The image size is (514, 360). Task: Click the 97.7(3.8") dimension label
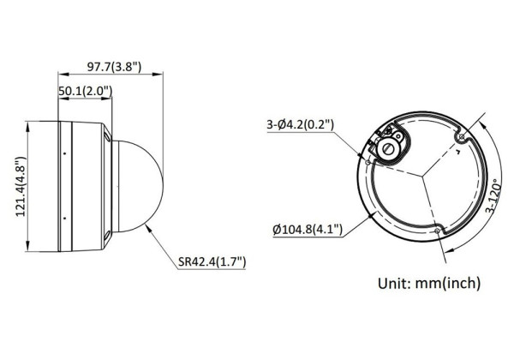coord(114,67)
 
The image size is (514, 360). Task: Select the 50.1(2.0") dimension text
coord(85,91)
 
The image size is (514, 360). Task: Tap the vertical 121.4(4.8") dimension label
coord(21,187)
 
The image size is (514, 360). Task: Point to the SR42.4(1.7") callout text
coord(212,261)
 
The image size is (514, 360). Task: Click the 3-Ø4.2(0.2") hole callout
coord(300,124)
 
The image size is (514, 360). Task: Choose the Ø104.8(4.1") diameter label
coord(308,229)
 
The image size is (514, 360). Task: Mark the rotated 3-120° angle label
coord(493,195)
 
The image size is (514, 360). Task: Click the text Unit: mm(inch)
coord(429,283)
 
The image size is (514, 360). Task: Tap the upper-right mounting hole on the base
coord(462,136)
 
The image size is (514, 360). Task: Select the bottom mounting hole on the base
coord(437,231)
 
